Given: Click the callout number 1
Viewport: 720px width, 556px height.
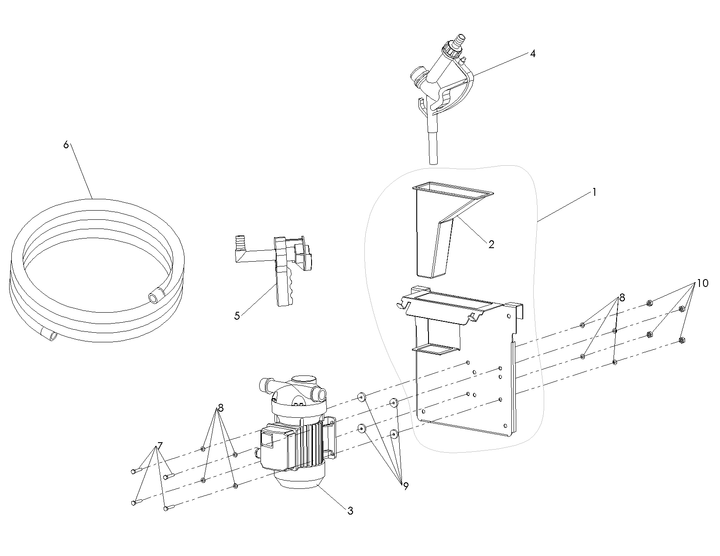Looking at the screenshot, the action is pos(594,192).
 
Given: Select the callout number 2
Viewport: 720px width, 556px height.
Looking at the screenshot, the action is pos(491,244).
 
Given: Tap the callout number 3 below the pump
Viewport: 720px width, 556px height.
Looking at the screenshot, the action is pos(350,511).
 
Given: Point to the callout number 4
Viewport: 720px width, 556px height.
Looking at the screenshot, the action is pos(533,54).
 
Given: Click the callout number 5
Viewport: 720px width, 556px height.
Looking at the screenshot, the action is pos(237,316).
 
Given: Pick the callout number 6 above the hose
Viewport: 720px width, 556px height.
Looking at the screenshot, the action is pos(66,145).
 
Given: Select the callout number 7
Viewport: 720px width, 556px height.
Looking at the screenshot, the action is pos(160,446).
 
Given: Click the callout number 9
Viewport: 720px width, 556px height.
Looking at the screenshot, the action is pos(405,486).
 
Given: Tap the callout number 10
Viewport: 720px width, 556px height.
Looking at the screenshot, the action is pos(702,283).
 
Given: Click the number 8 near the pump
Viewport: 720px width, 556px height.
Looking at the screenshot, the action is pos(221,408).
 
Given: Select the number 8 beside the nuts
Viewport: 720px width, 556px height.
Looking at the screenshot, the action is pos(622,298).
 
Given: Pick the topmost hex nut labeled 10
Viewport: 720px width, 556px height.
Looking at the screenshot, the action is pos(649,303).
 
